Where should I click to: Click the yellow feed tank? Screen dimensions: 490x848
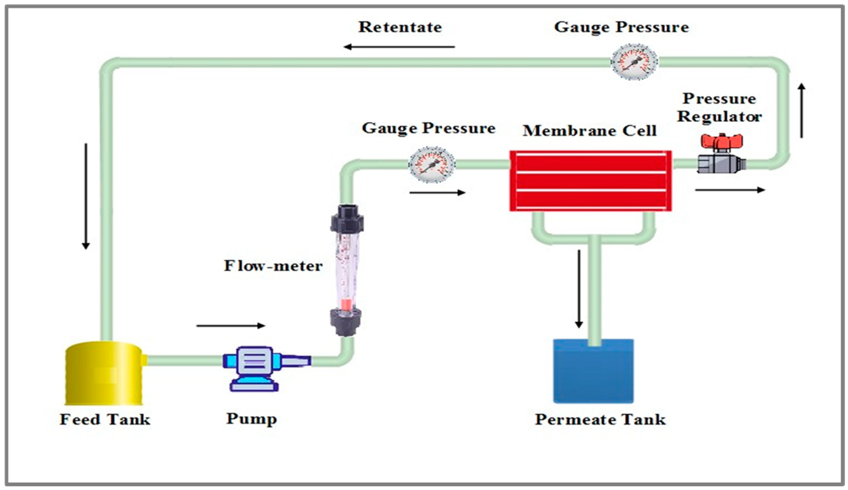point(104,374)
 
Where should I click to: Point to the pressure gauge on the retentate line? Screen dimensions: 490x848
point(634,62)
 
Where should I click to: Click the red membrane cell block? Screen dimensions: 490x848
point(591,181)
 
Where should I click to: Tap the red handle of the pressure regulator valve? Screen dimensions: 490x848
point(721,142)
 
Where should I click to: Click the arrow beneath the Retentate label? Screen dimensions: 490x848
point(399,47)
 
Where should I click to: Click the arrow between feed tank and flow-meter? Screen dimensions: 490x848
point(231,325)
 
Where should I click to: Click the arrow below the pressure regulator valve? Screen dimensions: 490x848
point(730,190)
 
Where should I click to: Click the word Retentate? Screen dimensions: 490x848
point(400,27)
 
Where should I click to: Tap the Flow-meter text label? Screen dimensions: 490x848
point(273,266)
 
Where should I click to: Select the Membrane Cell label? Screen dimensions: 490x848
point(590,131)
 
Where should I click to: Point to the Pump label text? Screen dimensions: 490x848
point(251,419)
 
